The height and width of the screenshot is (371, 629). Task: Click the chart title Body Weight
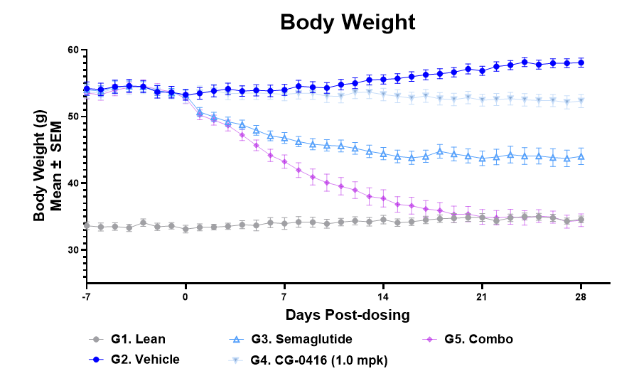(x=348, y=22)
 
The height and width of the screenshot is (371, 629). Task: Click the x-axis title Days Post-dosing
(x=348, y=314)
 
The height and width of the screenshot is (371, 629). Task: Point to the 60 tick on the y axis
(x=72, y=50)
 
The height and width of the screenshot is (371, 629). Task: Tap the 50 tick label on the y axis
(x=72, y=117)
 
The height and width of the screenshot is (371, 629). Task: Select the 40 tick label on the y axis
(x=72, y=183)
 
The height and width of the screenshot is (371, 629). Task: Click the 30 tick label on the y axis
(x=72, y=250)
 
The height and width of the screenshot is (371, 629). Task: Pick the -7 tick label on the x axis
(x=86, y=296)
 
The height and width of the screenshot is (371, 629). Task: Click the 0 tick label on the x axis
(x=186, y=296)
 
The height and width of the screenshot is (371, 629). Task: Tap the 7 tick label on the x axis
(x=284, y=296)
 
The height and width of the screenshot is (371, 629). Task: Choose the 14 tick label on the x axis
(x=383, y=296)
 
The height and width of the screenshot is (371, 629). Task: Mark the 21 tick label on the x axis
(x=482, y=296)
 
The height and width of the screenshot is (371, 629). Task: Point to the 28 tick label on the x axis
(x=581, y=296)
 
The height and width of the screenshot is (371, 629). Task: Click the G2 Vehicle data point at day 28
(x=581, y=63)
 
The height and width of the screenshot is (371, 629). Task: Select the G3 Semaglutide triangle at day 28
(x=581, y=156)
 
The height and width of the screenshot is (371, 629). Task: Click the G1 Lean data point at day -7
(x=87, y=225)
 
